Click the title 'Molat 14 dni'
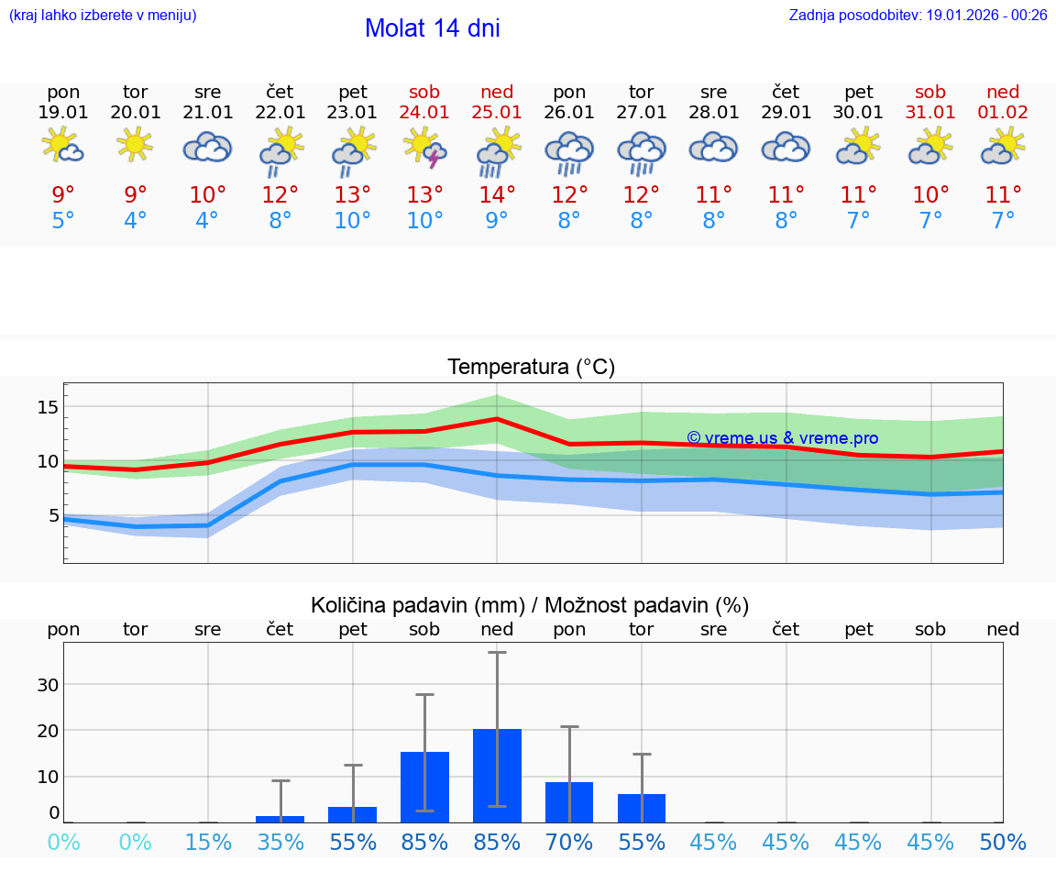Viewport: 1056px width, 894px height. (432, 28)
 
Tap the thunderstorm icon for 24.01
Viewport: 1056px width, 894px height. (425, 149)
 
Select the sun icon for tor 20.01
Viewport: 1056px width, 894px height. (135, 145)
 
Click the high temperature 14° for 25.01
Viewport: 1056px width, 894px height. (497, 194)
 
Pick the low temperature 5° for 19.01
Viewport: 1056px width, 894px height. (63, 220)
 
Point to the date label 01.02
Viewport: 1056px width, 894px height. (1003, 113)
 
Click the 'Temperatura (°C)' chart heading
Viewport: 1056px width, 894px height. (531, 368)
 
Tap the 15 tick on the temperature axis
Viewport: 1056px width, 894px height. (48, 407)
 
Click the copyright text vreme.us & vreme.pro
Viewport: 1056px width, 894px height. (782, 438)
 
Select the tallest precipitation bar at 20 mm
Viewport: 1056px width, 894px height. (497, 776)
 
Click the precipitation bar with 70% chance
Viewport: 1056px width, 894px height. (569, 801)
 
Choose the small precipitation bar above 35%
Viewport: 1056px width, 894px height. (280, 819)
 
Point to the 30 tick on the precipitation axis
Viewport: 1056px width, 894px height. (48, 685)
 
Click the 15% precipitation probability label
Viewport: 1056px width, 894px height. (208, 843)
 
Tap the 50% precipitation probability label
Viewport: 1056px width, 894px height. (1003, 843)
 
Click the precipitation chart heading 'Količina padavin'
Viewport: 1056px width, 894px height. (530, 605)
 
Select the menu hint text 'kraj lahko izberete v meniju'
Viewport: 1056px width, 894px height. (103, 16)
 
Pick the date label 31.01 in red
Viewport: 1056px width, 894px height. (930, 113)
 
